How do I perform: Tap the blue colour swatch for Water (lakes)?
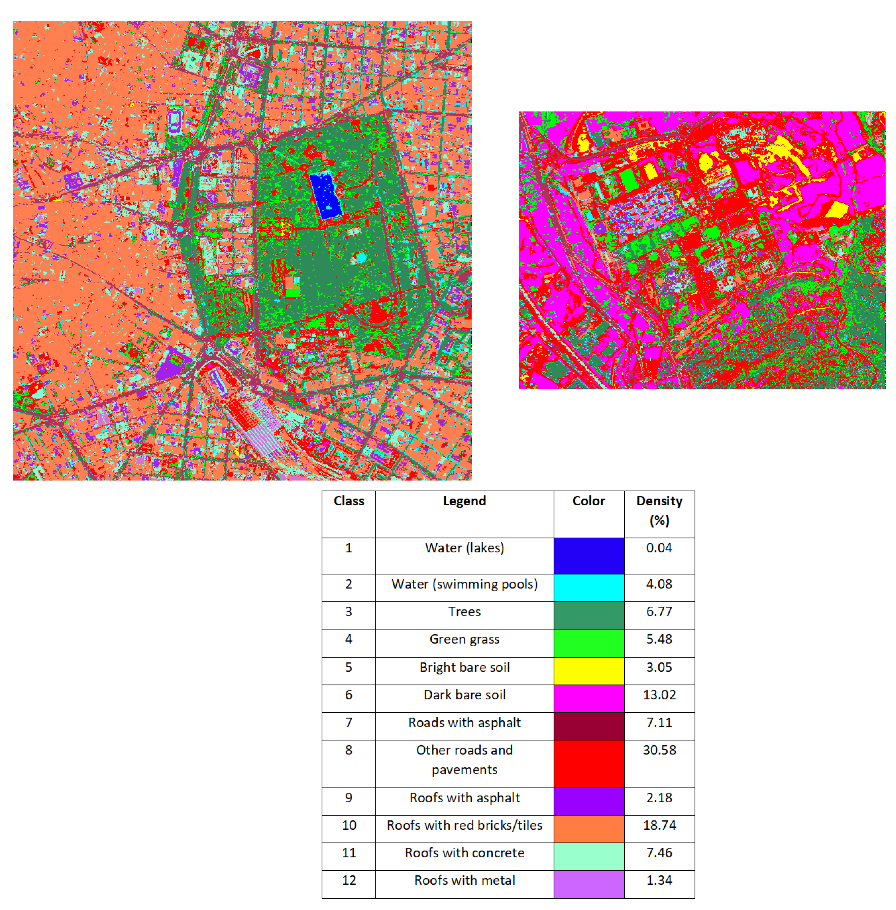click(x=589, y=555)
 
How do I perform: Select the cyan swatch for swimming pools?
click(x=589, y=587)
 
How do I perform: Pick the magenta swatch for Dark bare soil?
click(x=589, y=698)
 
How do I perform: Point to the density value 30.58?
click(x=659, y=750)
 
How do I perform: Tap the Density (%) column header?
click(x=659, y=510)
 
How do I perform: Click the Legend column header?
click(x=464, y=501)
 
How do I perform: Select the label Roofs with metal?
click(x=464, y=880)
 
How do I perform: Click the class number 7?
click(x=349, y=722)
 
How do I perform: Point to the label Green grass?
click(x=464, y=639)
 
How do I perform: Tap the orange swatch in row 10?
click(x=589, y=829)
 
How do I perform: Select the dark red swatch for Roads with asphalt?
click(x=589, y=726)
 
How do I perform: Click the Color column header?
click(x=589, y=501)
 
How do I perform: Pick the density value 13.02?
click(x=659, y=694)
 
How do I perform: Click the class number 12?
click(x=349, y=880)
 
